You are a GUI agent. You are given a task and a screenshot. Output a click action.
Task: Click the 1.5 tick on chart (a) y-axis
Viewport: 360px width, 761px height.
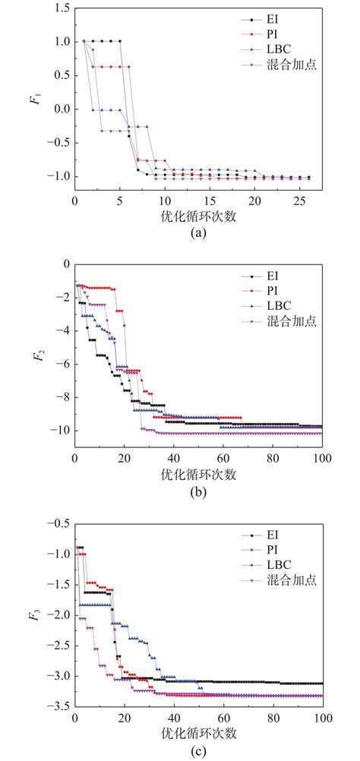[x=60, y=8]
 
